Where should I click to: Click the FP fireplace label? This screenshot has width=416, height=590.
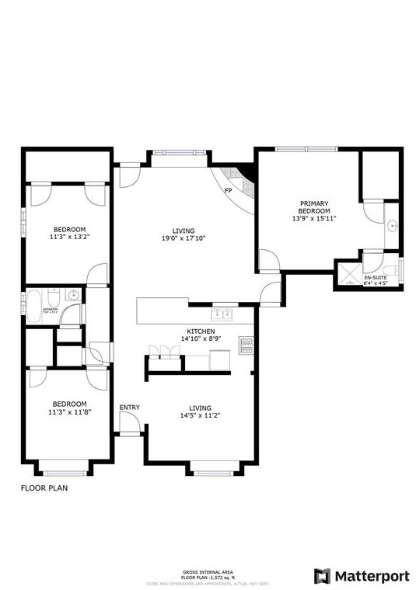click(228, 190)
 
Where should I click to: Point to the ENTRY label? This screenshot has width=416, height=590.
click(129, 408)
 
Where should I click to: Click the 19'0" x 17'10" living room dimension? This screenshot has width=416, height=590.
click(184, 238)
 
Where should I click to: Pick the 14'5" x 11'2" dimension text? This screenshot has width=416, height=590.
click(200, 415)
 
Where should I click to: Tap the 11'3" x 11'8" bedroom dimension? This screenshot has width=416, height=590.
click(68, 411)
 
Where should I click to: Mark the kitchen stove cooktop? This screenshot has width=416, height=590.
click(246, 344)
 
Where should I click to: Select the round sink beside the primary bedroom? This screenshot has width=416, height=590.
click(393, 227)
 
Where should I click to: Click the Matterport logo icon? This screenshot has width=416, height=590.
click(323, 576)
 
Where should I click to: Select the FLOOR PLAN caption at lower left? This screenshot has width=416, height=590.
click(44, 488)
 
